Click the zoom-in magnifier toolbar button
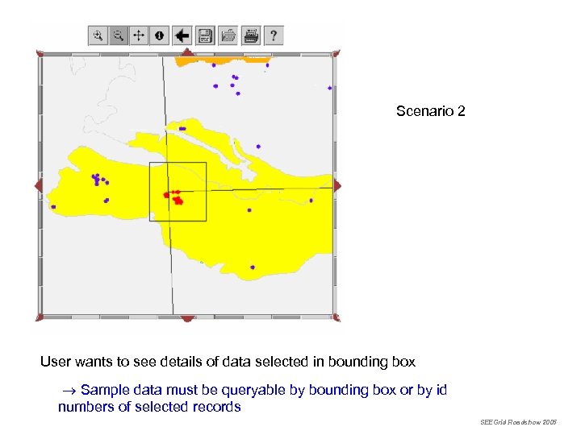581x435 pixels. (98, 35)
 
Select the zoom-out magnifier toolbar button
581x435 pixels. (118, 35)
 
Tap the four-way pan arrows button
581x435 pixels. (138, 35)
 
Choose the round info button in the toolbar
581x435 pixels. (159, 35)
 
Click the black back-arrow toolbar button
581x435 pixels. (182, 35)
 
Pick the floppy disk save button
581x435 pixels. (205, 35)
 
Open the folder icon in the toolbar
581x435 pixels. (228, 35)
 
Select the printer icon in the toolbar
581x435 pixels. (251, 35)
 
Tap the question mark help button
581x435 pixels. (274, 35)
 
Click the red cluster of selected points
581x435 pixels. (175, 197)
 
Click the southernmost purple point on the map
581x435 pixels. (253, 267)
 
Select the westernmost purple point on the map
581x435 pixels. (53, 206)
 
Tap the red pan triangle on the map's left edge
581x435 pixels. (39, 186)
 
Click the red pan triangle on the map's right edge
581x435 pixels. (336, 186)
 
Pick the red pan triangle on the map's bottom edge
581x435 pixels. (187, 318)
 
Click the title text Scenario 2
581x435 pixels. (430, 111)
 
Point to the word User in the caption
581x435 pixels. (55, 362)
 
